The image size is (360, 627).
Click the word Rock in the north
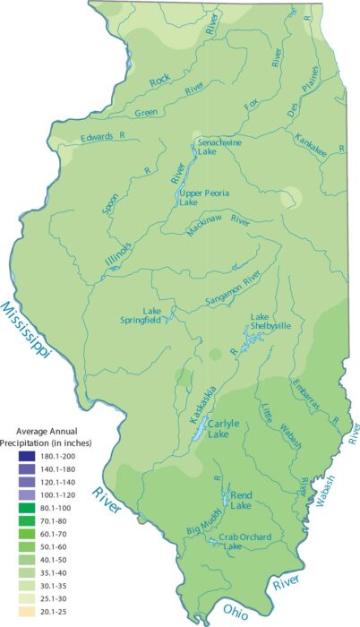[159, 82]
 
